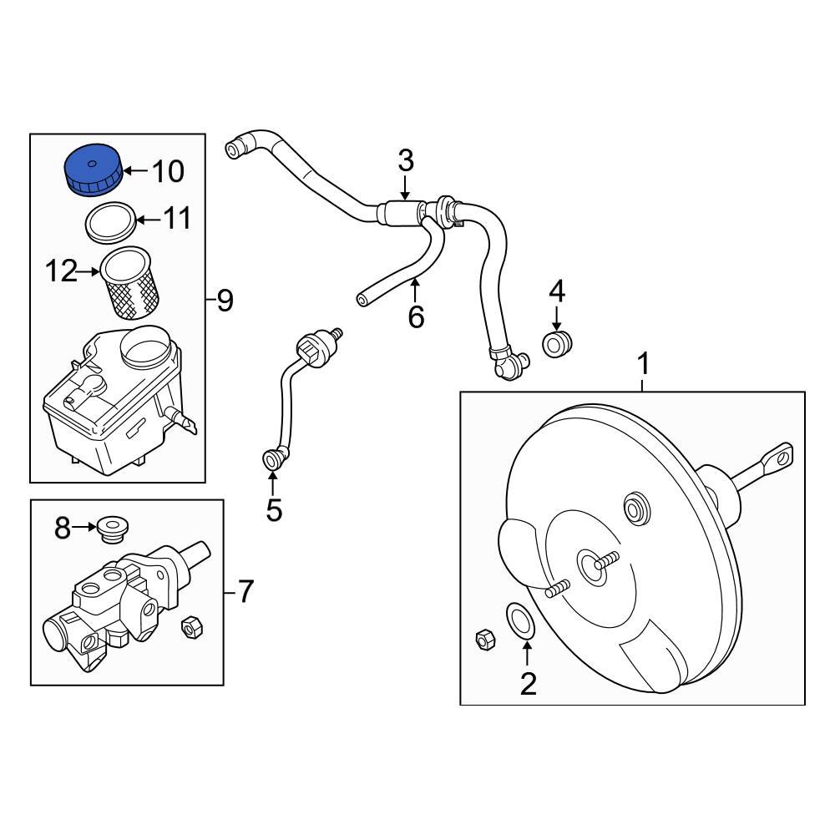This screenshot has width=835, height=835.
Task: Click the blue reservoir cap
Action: tap(93, 170)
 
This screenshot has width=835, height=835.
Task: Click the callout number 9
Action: tap(225, 301)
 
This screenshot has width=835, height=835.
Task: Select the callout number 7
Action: tap(243, 592)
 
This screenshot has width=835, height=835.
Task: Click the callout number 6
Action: tap(416, 317)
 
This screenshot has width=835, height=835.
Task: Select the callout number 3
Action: tap(405, 159)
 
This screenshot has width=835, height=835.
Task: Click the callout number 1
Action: tap(642, 364)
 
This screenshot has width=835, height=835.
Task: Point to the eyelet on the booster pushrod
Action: tap(780, 455)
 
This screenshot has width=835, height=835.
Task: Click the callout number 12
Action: tap(63, 271)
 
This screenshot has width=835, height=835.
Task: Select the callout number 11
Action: tap(176, 220)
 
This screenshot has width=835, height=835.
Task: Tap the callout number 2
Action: tap(528, 684)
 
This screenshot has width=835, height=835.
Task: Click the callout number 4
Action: tap(557, 291)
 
